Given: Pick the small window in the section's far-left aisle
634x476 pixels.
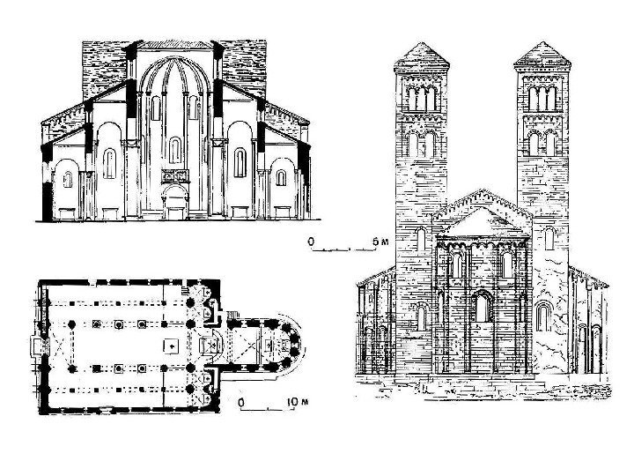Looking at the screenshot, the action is [67, 180].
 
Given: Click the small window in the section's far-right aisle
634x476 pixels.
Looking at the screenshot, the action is [280, 180].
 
